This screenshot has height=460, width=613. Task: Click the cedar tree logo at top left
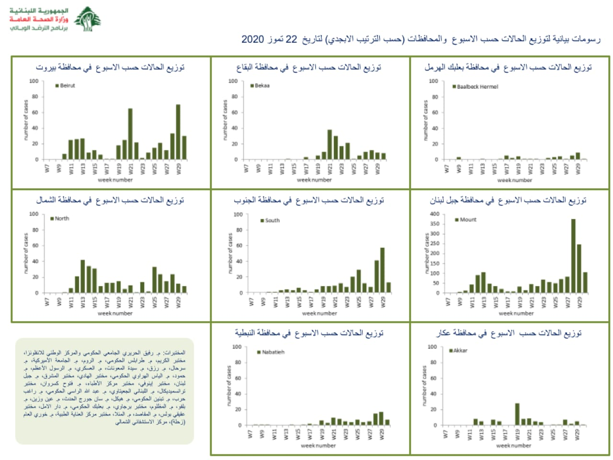[88, 19]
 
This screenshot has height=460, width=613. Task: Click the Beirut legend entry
[66, 86]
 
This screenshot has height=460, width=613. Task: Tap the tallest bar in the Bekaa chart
[329, 144]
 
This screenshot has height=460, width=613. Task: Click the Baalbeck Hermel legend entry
[475, 87]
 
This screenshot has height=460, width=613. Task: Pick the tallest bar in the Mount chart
[573, 256]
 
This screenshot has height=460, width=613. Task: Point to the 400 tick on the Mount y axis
[434, 214]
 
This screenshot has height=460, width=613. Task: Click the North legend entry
[60, 218]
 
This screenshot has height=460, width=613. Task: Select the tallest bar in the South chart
[383, 270]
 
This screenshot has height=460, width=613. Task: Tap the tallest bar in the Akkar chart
[517, 414]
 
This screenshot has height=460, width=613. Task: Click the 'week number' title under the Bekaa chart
[314, 180]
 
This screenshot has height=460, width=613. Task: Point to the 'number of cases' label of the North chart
[25, 253]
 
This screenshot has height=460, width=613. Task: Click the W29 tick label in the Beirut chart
[179, 169]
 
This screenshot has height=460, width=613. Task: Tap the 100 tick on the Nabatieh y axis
[237, 347]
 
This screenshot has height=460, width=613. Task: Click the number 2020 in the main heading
[252, 39]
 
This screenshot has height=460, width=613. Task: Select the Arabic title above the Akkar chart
[509, 333]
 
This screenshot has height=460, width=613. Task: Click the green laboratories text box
[104, 391]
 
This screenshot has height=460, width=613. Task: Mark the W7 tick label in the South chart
[251, 302]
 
